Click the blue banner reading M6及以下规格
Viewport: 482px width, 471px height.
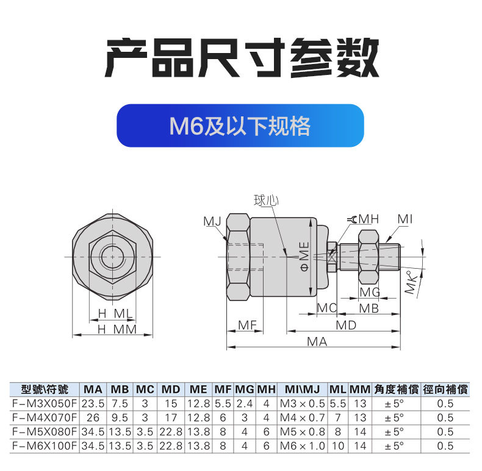click(240, 126)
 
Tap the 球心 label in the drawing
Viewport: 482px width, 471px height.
click(266, 200)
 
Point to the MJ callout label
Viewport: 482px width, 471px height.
click(212, 221)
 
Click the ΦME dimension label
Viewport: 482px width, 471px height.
click(304, 257)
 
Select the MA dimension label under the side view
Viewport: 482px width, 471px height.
click(317, 341)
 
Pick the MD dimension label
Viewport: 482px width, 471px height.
click(346, 325)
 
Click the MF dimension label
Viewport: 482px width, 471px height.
click(247, 325)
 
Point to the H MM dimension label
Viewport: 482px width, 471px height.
click(117, 330)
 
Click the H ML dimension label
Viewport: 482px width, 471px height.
click(115, 314)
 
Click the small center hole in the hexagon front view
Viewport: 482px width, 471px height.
click(112, 257)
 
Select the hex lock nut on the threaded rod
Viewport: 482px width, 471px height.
click(369, 257)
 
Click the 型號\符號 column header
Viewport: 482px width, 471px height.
click(45, 389)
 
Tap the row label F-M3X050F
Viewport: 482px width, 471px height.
click(45, 403)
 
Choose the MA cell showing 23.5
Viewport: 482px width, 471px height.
click(93, 403)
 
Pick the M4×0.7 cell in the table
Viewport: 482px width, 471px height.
click(303, 417)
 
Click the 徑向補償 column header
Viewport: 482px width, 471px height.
click(445, 389)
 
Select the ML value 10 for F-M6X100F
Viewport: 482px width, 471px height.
click(338, 446)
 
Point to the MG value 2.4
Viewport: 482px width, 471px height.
click(245, 403)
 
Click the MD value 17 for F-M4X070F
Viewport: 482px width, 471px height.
click(171, 417)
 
